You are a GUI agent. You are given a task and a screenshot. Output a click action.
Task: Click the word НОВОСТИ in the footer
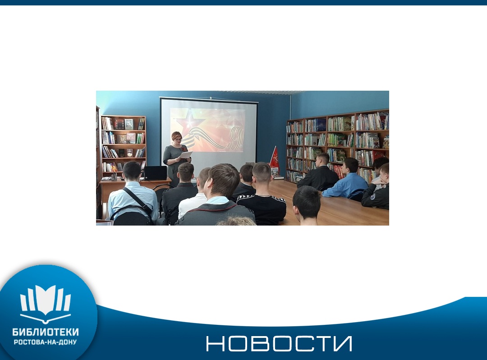pyautogui.click(x=279, y=344)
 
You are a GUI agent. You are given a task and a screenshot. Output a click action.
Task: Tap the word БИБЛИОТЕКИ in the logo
pyautogui.click(x=46, y=332)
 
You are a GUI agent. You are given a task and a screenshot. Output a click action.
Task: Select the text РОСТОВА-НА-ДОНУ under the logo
pyautogui.click(x=46, y=342)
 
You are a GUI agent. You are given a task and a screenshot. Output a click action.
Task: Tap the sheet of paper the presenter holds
pyautogui.click(x=186, y=154)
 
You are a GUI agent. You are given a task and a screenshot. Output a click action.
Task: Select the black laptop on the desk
pyautogui.click(x=155, y=173)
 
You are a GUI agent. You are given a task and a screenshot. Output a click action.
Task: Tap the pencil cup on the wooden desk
pyautogui.click(x=114, y=176)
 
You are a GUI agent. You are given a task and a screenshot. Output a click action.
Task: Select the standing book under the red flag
pyautogui.click(x=275, y=172)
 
